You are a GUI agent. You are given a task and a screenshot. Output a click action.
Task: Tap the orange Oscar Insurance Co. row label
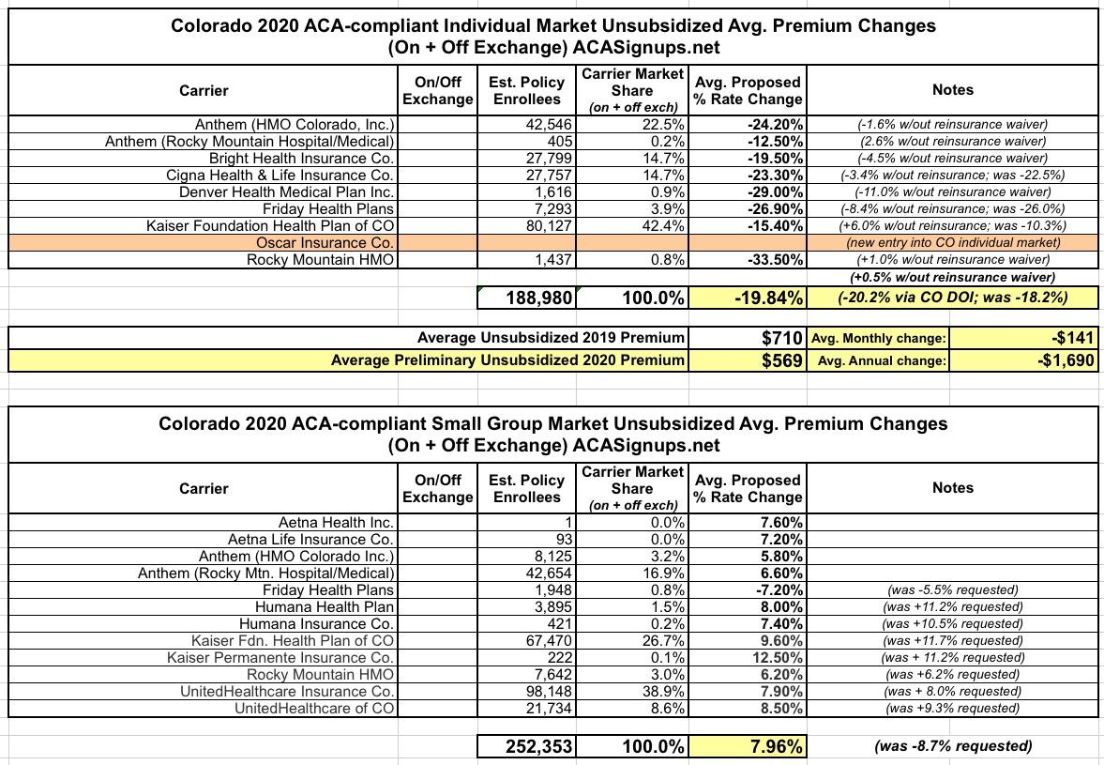pyautogui.click(x=325, y=243)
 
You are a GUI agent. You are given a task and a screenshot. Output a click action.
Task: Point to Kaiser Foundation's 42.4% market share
pyautogui.click(x=663, y=226)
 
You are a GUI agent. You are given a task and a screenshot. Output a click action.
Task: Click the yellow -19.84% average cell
pyautogui.click(x=748, y=298)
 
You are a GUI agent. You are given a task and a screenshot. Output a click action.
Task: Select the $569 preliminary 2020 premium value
pyautogui.click(x=781, y=360)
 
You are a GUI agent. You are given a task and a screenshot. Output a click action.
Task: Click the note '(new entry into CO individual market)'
pyautogui.click(x=953, y=243)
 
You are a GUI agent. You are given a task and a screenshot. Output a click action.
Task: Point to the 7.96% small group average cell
pyautogui.click(x=748, y=746)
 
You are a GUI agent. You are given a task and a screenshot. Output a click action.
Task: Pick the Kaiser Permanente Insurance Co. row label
pyautogui.click(x=281, y=657)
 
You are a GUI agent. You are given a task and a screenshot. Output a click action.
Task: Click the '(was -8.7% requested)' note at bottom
pyautogui.click(x=953, y=746)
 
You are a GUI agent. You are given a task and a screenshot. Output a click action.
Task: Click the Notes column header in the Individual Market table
pyautogui.click(x=953, y=90)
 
